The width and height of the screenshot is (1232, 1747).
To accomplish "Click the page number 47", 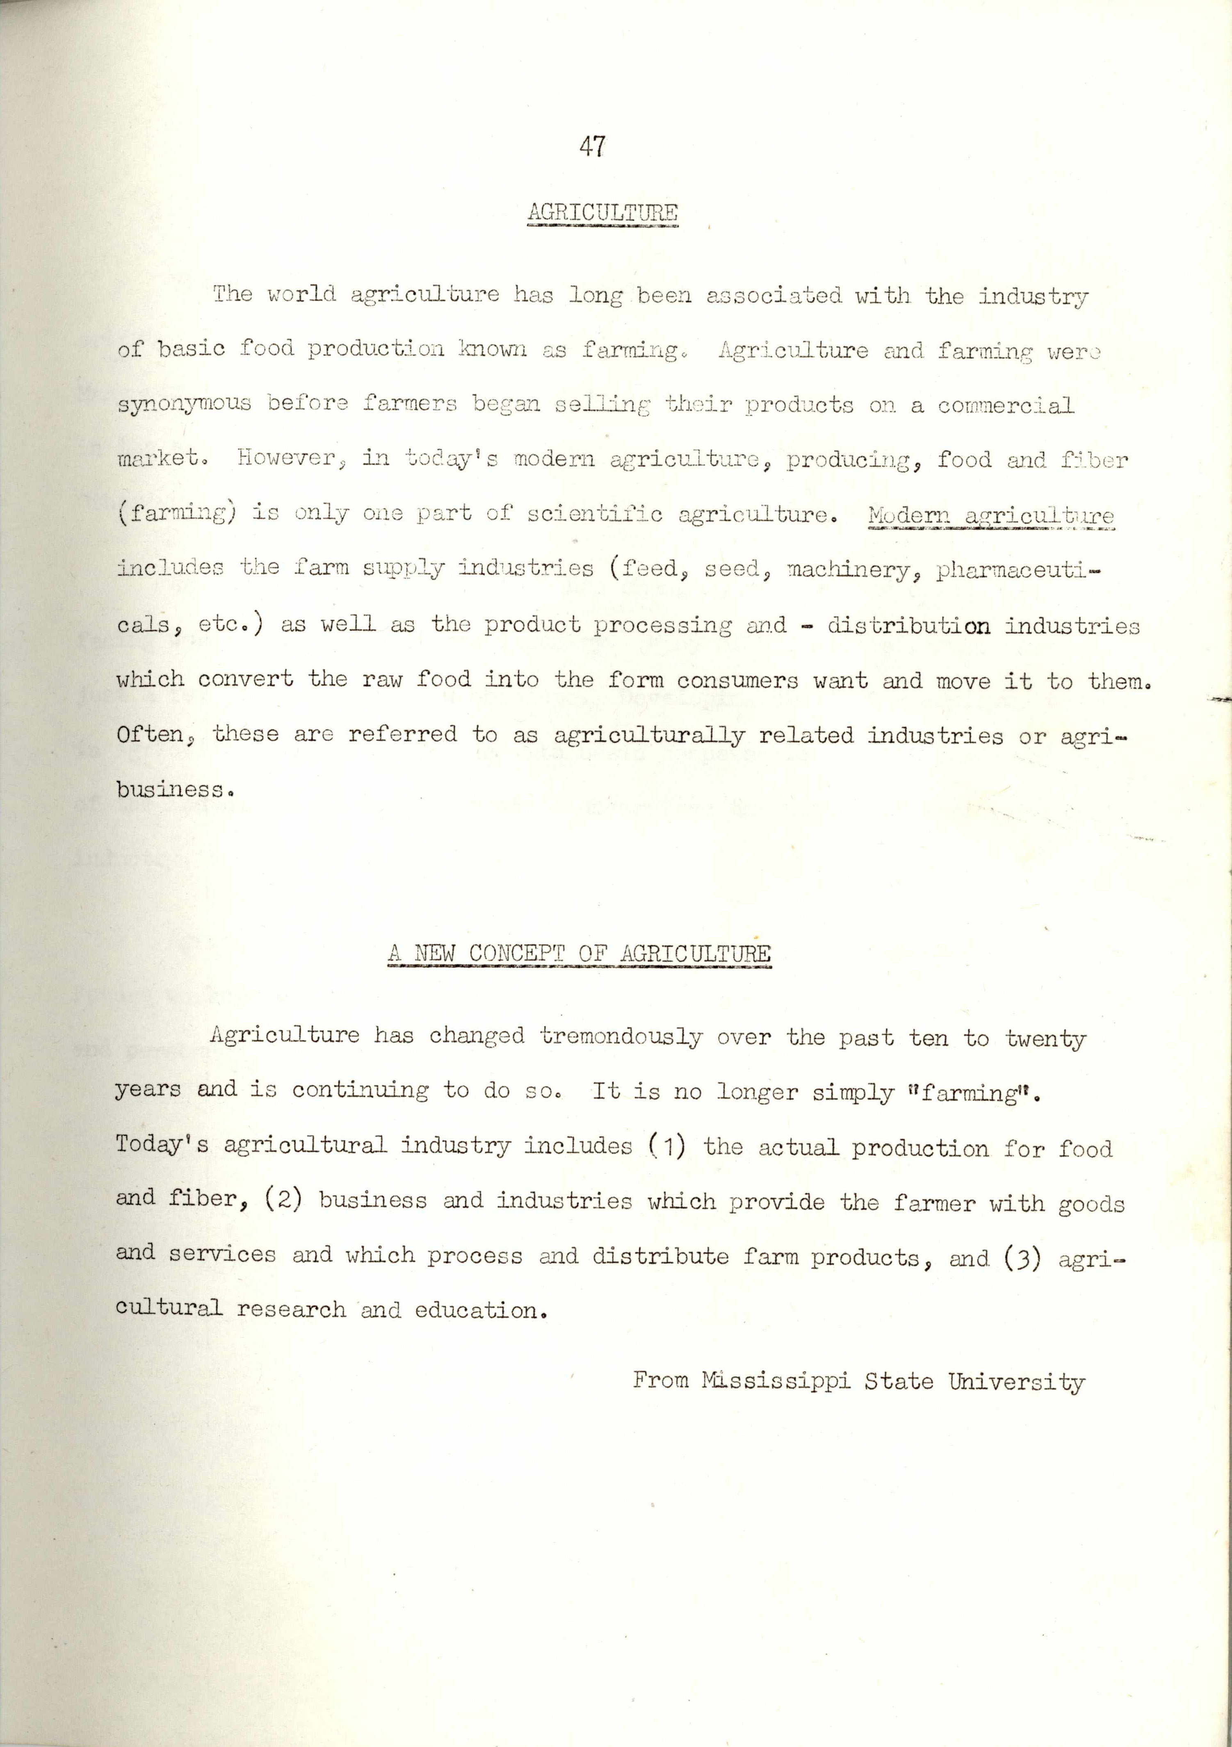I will (x=591, y=146).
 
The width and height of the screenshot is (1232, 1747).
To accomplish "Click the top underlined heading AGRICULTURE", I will (x=602, y=212).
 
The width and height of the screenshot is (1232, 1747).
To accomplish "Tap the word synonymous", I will (x=184, y=404).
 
